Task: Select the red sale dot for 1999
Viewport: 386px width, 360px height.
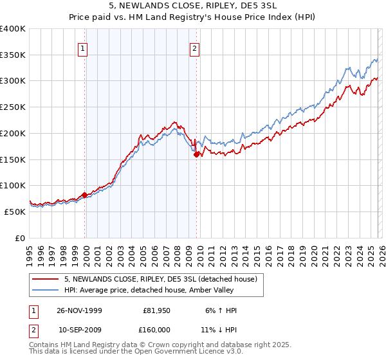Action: point(84,195)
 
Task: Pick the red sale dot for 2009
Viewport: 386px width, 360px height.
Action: point(196,154)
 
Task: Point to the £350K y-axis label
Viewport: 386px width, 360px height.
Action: point(13,55)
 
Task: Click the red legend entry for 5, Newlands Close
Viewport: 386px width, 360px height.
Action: point(160,279)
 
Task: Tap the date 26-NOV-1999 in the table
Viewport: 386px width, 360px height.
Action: point(80,310)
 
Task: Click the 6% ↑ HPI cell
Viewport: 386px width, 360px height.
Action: point(220,310)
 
